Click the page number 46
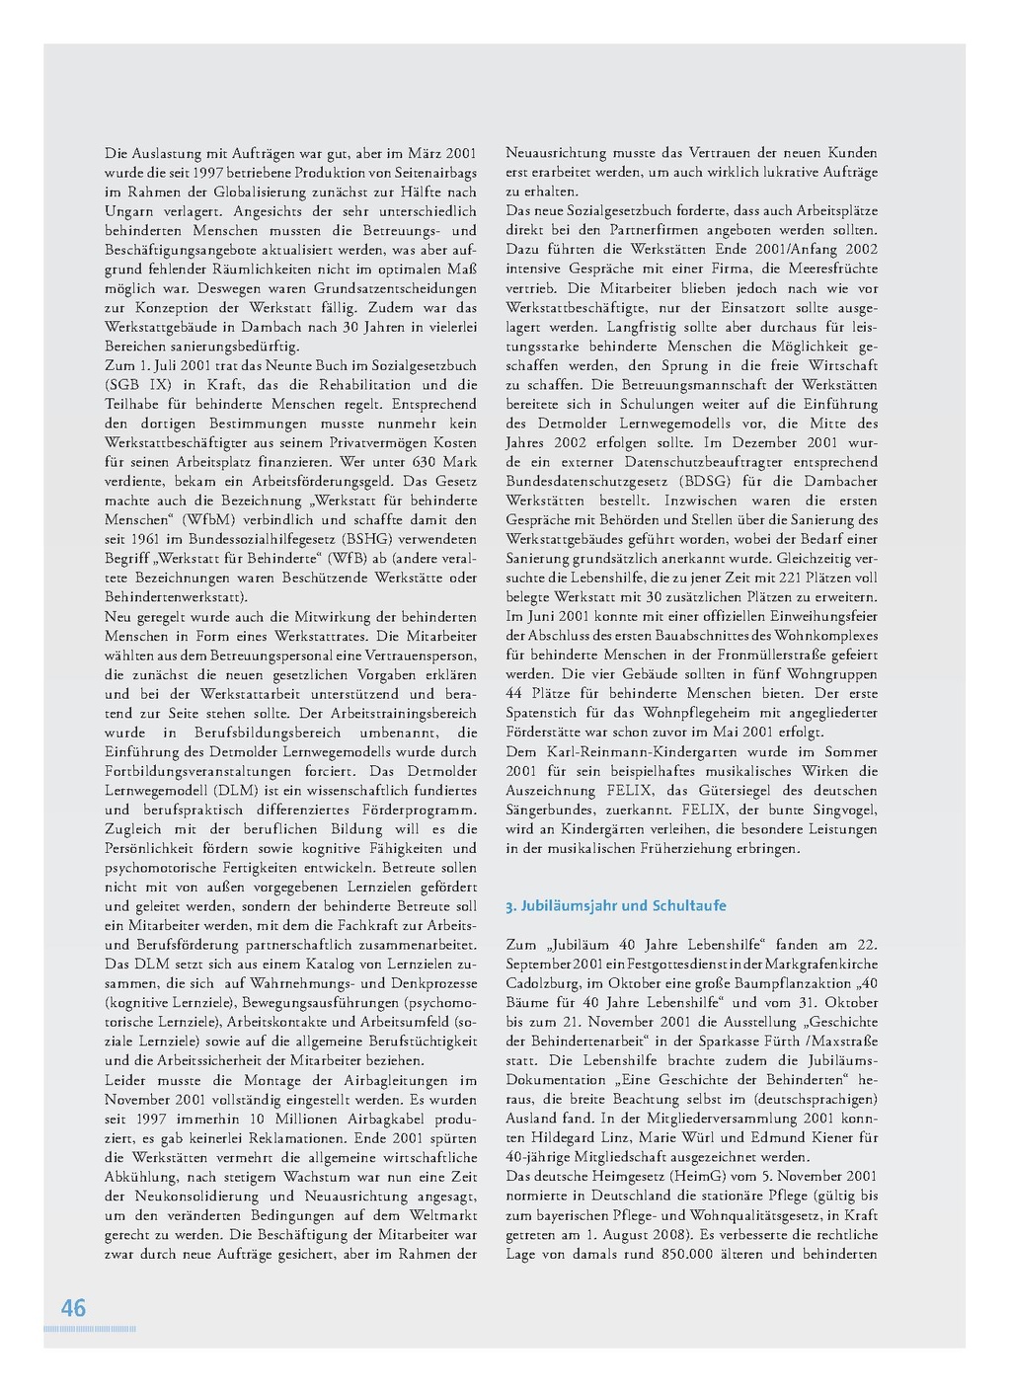click(74, 1308)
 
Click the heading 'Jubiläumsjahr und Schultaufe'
click(623, 905)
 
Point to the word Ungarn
click(129, 211)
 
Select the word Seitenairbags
click(429, 173)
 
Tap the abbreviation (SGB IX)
click(135, 385)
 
